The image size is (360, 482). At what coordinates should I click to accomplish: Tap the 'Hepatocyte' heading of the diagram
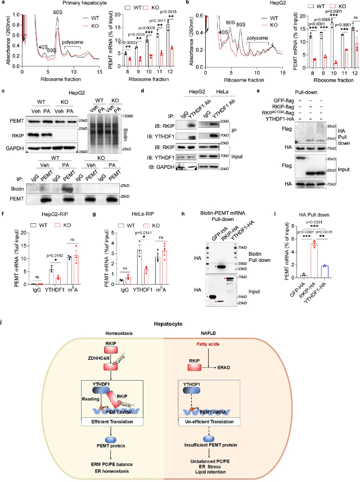pos(179,324)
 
